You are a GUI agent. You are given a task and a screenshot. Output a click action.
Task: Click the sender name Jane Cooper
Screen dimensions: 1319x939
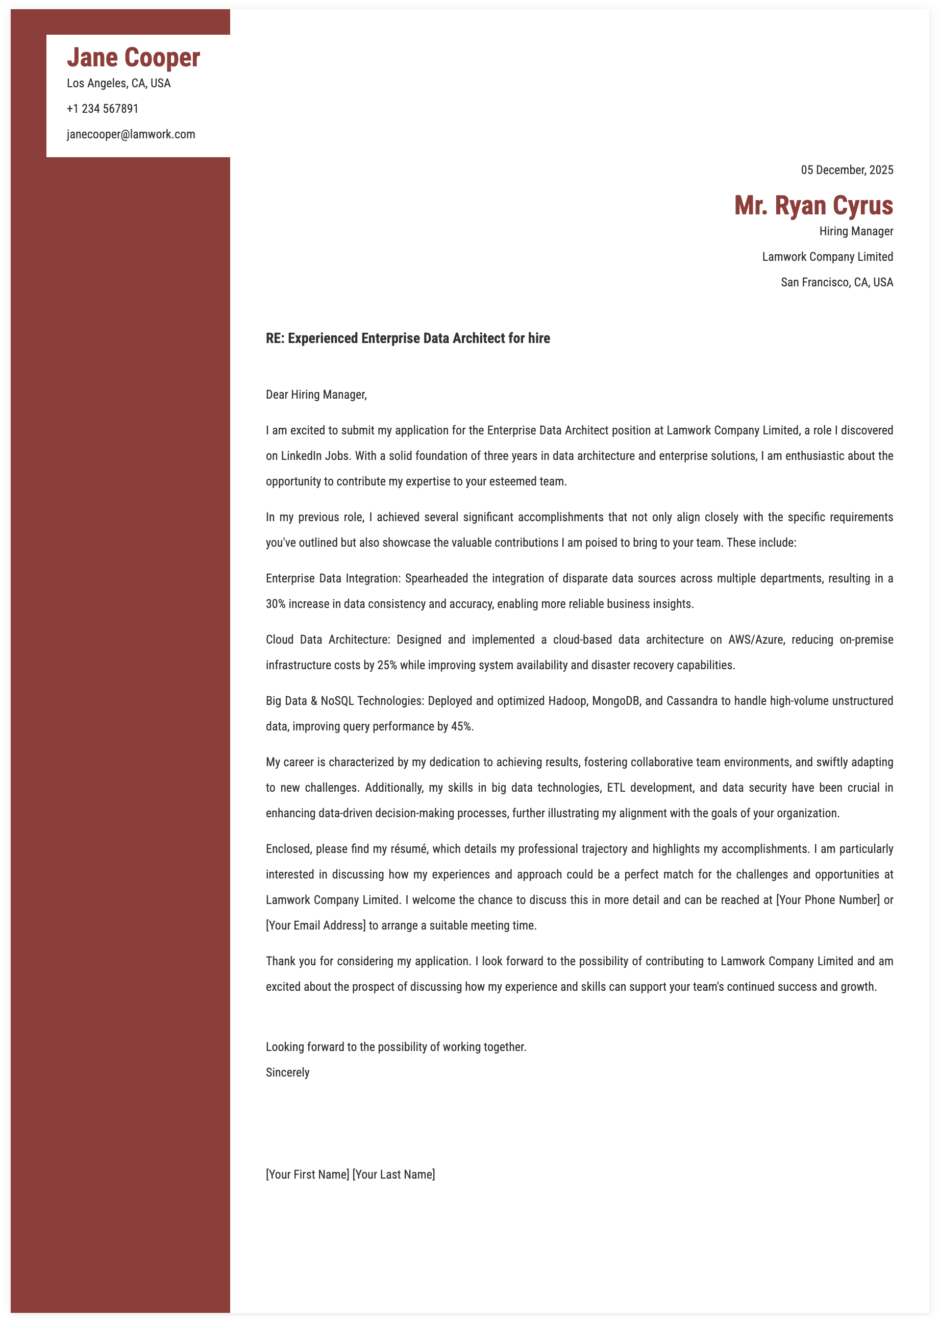click(x=133, y=58)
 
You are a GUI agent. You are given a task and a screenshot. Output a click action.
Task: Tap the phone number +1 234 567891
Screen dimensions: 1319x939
click(x=103, y=109)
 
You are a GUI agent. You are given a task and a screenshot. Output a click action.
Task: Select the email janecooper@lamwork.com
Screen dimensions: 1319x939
click(x=131, y=134)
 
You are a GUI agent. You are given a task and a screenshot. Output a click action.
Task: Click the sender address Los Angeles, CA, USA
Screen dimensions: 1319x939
click(x=118, y=83)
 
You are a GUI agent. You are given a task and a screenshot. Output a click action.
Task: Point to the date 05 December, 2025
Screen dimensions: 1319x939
click(x=847, y=170)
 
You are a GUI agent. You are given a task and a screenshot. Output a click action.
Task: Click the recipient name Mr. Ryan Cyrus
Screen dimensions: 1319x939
click(x=813, y=206)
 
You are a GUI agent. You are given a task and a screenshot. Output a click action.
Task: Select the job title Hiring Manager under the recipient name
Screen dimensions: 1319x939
click(x=856, y=231)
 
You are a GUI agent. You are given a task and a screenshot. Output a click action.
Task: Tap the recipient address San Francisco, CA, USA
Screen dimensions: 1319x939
click(x=836, y=282)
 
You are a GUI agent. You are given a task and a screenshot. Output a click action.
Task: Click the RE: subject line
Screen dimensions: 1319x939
click(x=408, y=338)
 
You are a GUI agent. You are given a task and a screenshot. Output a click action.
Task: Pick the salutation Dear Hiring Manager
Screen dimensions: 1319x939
click(x=316, y=395)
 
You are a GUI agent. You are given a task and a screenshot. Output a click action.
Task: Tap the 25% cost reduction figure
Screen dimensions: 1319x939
click(x=387, y=665)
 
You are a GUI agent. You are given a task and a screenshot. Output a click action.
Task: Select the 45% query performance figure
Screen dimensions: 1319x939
click(x=461, y=726)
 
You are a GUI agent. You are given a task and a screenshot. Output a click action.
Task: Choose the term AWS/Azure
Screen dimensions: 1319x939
click(x=755, y=640)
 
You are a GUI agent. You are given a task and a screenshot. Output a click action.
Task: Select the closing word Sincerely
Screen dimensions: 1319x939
click(x=287, y=1072)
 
